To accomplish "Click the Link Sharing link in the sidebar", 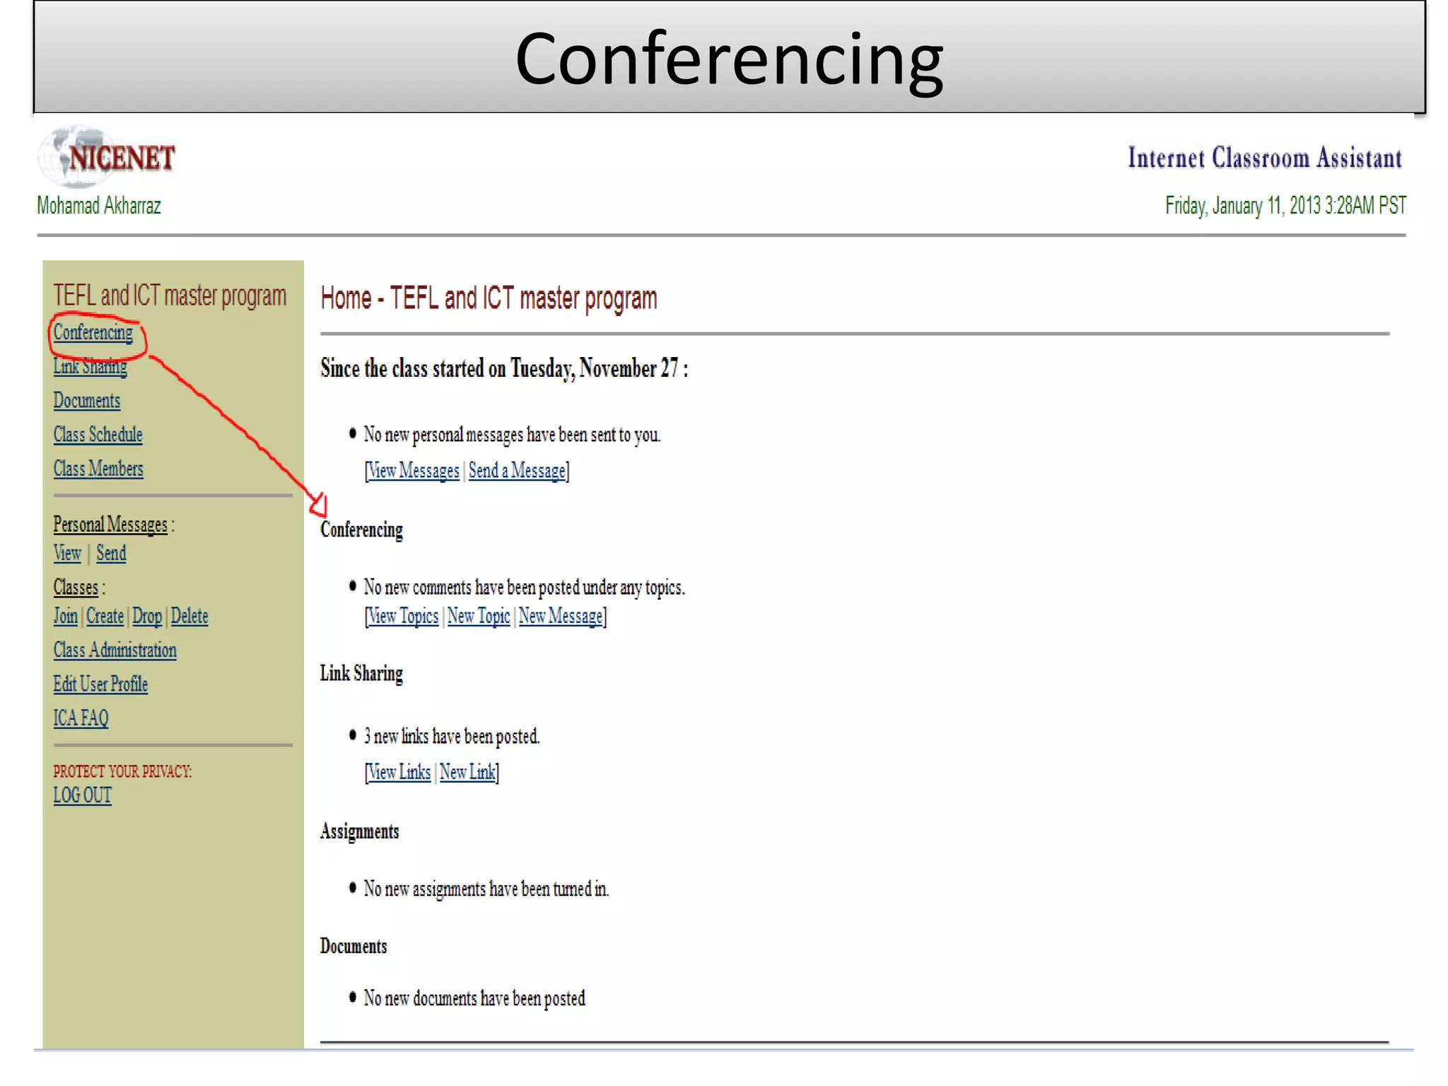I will [90, 366].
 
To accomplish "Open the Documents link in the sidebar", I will [87, 400].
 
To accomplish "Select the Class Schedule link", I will [98, 434].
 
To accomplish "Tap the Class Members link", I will [98, 469].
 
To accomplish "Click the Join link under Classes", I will [66, 616].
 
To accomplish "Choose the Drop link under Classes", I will [147, 616].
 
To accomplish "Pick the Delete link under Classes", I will [189, 616].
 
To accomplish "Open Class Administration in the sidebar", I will [115, 650].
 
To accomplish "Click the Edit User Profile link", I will [100, 684].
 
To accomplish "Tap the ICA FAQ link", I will [81, 718].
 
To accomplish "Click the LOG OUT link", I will [83, 795].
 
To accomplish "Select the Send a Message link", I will [517, 471].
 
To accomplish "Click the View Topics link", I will [404, 617].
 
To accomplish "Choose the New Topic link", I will [479, 617].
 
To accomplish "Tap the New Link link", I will [467, 772].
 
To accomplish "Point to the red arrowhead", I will [319, 505].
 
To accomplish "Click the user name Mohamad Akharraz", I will [99, 206].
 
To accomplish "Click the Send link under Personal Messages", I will [111, 553].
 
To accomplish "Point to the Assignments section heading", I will [360, 831].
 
